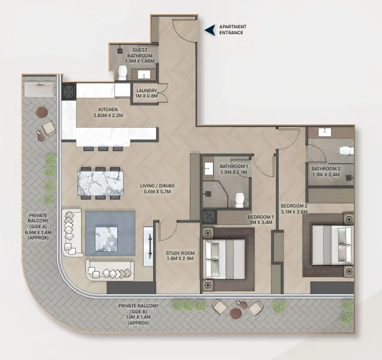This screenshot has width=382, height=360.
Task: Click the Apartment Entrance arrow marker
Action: point(209,30)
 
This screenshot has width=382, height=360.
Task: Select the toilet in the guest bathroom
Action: point(122,73)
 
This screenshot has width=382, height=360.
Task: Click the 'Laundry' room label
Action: point(147,91)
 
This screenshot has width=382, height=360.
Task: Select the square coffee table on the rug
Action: point(109,232)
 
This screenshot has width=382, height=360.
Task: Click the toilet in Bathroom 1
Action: point(239,197)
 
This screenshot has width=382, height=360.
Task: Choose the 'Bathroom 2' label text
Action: point(326,169)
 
